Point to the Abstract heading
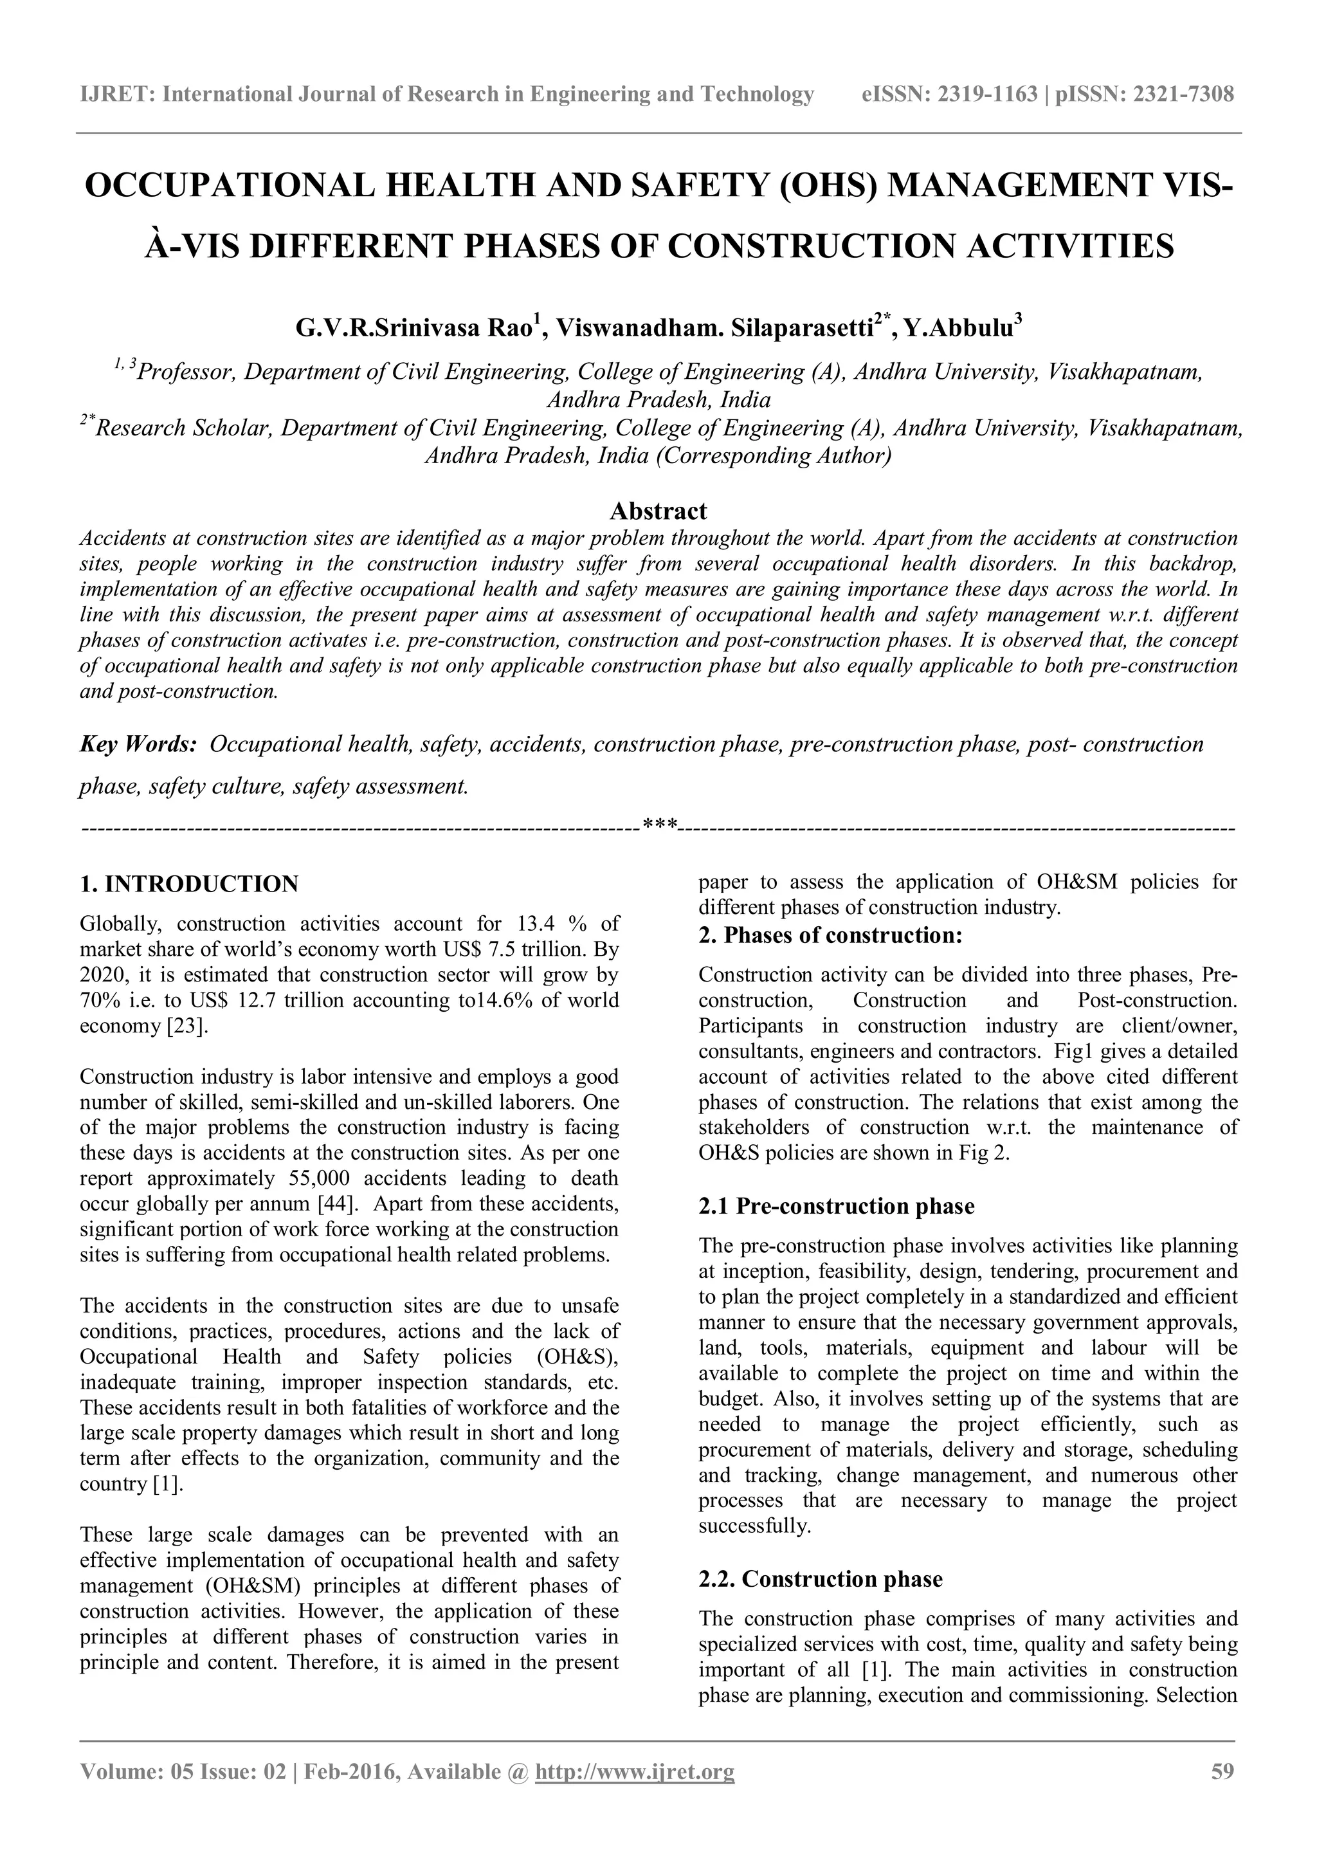pyautogui.click(x=658, y=511)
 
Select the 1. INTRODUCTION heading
pyautogui.click(x=189, y=884)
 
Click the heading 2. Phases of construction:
pyautogui.click(x=830, y=935)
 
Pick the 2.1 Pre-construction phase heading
pyautogui.click(x=836, y=1207)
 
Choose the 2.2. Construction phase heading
pyautogui.click(x=821, y=1578)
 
